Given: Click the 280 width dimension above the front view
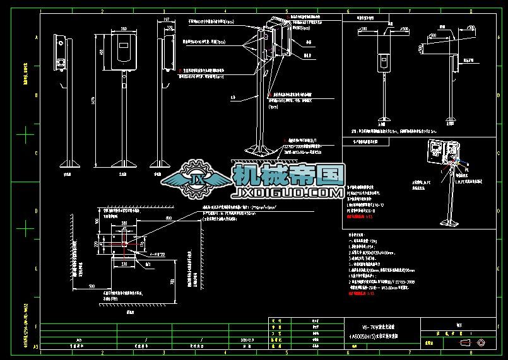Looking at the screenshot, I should coord(124,29).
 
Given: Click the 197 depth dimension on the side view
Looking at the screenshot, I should coord(166,21).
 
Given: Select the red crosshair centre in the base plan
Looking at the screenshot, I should coord(124,244).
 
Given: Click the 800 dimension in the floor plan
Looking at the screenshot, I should coord(169,218).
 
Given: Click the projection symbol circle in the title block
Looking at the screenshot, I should coord(482,343).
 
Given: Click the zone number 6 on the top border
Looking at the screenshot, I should coord(349,11).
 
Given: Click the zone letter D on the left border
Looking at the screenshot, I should coord(35,211).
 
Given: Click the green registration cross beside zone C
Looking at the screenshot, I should coord(25,134).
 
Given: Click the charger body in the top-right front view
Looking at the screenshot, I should coord(383,61).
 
